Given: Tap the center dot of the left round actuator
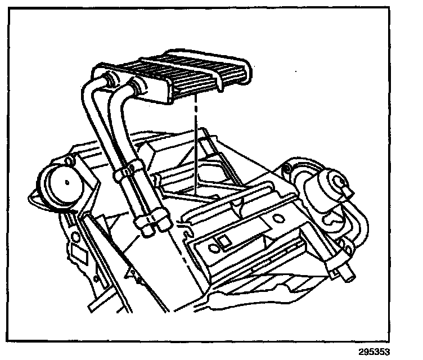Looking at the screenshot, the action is (66, 181).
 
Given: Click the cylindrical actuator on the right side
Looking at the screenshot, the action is (331, 188).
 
